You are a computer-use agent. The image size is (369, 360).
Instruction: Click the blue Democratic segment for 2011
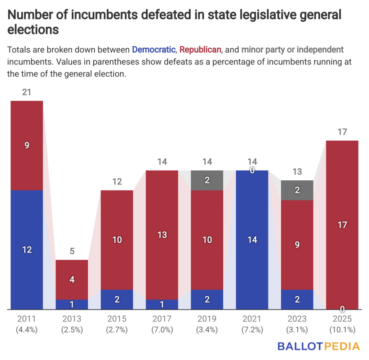[x=27, y=250]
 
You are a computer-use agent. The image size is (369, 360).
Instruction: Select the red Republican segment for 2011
[x=27, y=145]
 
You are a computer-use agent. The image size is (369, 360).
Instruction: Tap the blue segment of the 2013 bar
[x=72, y=304]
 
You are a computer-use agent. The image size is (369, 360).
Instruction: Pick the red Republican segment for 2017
[x=162, y=235]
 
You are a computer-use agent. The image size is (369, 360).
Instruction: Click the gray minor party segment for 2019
[x=207, y=180]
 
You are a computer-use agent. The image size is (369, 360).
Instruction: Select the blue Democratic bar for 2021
[x=252, y=240]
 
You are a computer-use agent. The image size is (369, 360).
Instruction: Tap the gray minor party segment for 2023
[x=297, y=190]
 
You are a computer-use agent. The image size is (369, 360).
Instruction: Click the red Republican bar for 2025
[x=342, y=225]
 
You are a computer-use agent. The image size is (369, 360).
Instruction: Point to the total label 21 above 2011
[x=27, y=92]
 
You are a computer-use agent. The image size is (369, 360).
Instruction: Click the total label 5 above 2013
[x=72, y=251]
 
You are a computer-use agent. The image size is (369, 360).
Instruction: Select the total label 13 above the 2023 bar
[x=297, y=172]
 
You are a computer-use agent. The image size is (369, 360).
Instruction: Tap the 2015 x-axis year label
[x=117, y=319]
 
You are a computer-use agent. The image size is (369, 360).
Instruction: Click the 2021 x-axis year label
[x=252, y=319]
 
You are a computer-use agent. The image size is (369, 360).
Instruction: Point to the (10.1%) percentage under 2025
[x=342, y=330]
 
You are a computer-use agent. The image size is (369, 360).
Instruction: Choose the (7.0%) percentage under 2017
[x=162, y=330]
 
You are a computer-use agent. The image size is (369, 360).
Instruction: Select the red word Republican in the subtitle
[x=200, y=49]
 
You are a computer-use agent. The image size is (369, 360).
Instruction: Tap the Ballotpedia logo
[x=319, y=346]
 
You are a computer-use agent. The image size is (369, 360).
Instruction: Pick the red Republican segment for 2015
[x=117, y=240]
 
